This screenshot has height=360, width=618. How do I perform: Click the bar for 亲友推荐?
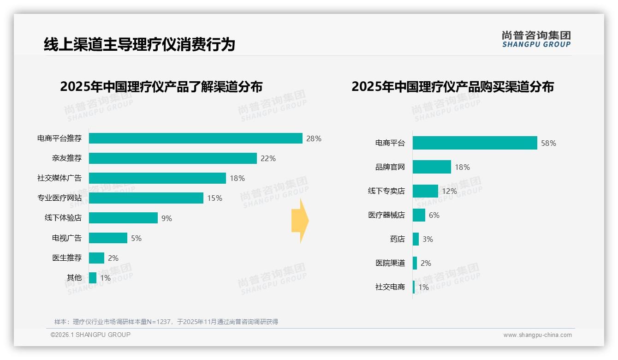pyautogui.click(x=172, y=158)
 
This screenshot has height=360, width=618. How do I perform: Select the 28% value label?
pyautogui.click(x=314, y=138)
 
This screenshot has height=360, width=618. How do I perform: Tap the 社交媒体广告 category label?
pyautogui.click(x=59, y=178)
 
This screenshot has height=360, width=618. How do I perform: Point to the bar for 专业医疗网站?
pyautogui.click(x=146, y=198)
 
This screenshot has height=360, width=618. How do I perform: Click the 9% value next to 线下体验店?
pyautogui.click(x=166, y=218)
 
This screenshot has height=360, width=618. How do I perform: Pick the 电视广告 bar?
pyautogui.click(x=108, y=238)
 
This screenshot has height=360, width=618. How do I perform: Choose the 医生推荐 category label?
pyautogui.click(x=67, y=258)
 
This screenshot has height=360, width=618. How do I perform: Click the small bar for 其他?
pyautogui.click(x=93, y=278)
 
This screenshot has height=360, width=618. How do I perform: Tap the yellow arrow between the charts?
pyautogui.click(x=300, y=221)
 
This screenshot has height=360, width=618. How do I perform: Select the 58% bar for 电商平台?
pyautogui.click(x=475, y=143)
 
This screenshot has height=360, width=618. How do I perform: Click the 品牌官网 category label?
pyautogui.click(x=390, y=167)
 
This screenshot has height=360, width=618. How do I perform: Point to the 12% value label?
pyautogui.click(x=449, y=191)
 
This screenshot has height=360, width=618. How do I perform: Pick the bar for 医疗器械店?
pyautogui.click(x=419, y=215)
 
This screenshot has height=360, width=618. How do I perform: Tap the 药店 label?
pyautogui.click(x=397, y=239)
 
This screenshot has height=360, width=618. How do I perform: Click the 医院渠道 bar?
pyautogui.click(x=415, y=263)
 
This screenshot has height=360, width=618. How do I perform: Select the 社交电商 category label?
pyautogui.click(x=390, y=287)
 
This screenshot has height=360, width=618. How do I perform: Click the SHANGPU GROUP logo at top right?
pyautogui.click(x=536, y=39)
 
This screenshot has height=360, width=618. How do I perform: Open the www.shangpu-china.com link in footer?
pyautogui.click(x=537, y=335)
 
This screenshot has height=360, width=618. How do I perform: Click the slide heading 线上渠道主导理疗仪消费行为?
pyautogui.click(x=139, y=44)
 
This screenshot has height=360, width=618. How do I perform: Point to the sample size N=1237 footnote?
pyautogui.click(x=166, y=322)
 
